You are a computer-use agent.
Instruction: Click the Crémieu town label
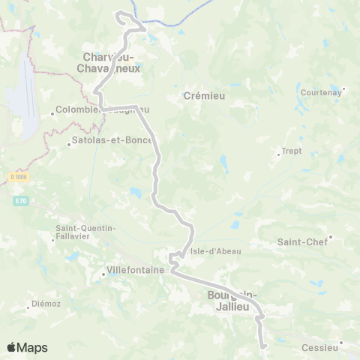point(200,96)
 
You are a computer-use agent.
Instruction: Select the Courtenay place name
point(320,92)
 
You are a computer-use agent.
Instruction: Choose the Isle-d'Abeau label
point(215,251)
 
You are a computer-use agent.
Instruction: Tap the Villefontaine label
point(136,271)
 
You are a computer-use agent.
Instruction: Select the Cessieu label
point(319,348)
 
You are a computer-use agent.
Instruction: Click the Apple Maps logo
point(27,348)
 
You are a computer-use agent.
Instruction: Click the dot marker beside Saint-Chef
point(330,238)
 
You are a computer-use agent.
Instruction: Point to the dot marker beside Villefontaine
point(103,274)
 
